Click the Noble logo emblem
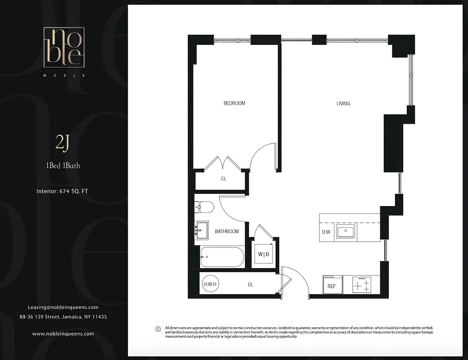pyautogui.click(x=63, y=47)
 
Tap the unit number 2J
pyautogui.click(x=63, y=144)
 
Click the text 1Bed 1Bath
pyautogui.click(x=63, y=166)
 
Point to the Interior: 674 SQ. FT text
pyautogui.click(x=63, y=191)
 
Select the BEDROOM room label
pyautogui.click(x=234, y=103)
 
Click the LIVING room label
pyautogui.click(x=343, y=103)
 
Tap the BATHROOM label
pyautogui.click(x=227, y=231)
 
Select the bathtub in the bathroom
pyautogui.click(x=222, y=257)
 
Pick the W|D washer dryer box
pyautogui.click(x=264, y=255)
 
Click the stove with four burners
pyautogui.click(x=362, y=285)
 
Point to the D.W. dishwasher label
pyautogui.click(x=327, y=233)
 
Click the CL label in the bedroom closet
pyautogui.click(x=223, y=179)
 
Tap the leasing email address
pyautogui.click(x=63, y=307)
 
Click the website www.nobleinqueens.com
pyautogui.click(x=63, y=334)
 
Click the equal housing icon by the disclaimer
pyautogui.click(x=158, y=329)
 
